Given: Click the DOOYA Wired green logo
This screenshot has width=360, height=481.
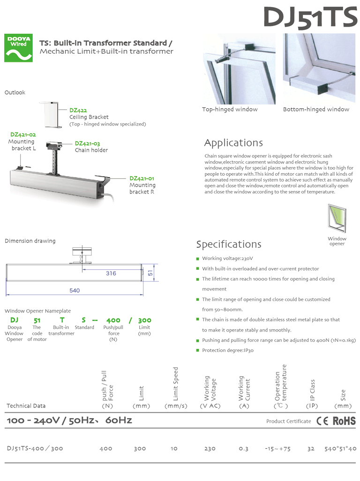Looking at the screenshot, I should point(18,48).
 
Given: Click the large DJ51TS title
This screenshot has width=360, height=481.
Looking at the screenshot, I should point(310,18).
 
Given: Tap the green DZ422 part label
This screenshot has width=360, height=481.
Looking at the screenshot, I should point(78,111).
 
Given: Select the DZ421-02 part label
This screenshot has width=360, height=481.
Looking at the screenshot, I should point(23,134).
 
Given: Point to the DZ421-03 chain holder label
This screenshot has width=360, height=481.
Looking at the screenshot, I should point(88,144).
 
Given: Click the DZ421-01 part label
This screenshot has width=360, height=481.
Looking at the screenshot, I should point(142,178).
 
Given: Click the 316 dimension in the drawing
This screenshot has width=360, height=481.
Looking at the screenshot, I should point(111,274).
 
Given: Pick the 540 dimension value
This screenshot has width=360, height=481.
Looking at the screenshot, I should point(75,290).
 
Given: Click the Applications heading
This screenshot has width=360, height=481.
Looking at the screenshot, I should point(233,143).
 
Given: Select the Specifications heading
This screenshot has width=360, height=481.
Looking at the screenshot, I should point(229,244).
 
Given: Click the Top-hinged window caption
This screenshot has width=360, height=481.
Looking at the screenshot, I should point(230,110).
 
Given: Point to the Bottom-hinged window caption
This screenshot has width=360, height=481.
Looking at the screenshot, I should point(316,110).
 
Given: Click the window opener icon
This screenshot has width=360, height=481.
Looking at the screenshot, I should point(337,219).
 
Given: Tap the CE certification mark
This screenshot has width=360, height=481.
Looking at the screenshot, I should point(322,421).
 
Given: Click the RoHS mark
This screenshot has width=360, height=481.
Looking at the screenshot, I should point(344,421).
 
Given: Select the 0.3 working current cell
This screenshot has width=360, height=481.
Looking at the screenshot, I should point(244,449).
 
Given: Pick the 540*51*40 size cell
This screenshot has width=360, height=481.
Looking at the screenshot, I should point(340,449).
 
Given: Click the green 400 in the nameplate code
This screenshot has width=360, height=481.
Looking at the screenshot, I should point(113,320).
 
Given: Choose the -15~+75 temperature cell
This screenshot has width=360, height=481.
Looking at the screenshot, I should point(278,449).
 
